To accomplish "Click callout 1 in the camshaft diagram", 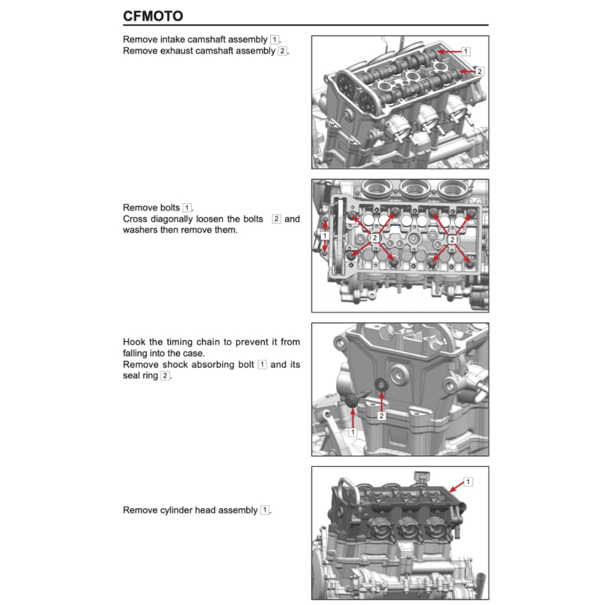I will point(466,51).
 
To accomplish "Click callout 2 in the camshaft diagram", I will point(479,71).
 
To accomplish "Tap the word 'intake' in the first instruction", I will point(168,40).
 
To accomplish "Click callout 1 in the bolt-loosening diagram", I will point(324,236).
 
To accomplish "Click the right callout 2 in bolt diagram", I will point(452,240).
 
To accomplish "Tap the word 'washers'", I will point(140,230).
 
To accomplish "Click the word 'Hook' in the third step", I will point(133,342).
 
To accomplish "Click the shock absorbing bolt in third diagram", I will point(352,401).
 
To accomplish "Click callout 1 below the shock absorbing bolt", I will point(353,432).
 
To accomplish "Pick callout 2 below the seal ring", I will point(382,417).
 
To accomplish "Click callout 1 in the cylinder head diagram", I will point(468,482).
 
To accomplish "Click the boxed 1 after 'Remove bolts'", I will point(187,208).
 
